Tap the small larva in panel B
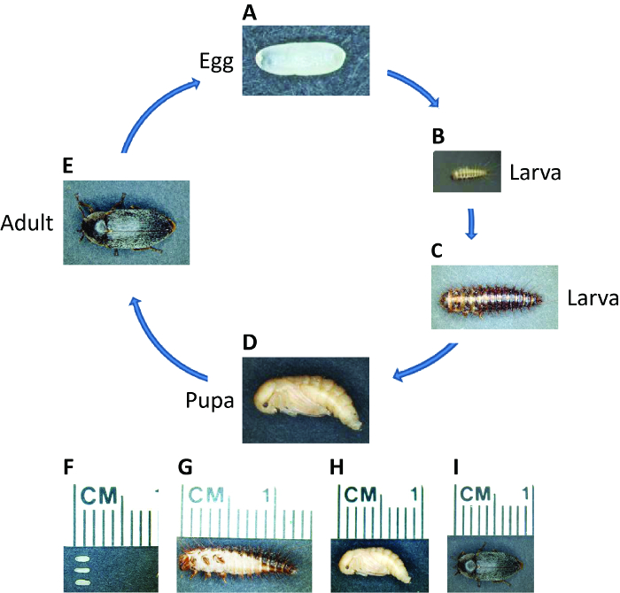(469, 173)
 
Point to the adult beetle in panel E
(125, 223)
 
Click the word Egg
(216, 63)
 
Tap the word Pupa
(210, 401)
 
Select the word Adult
(27, 223)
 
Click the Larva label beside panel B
(535, 173)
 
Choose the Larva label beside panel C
(593, 298)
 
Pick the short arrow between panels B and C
(471, 224)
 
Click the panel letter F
(68, 467)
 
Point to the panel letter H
(337, 467)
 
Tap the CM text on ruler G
(206, 495)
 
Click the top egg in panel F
(82, 559)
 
